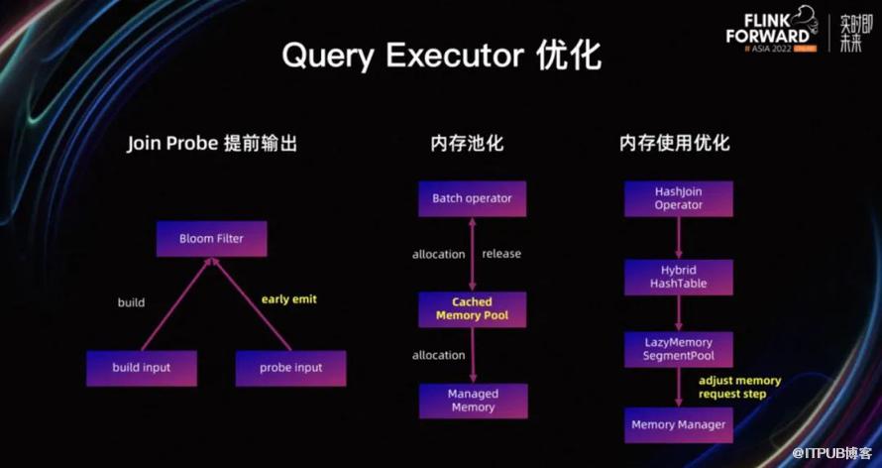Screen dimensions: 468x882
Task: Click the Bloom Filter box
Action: (211, 238)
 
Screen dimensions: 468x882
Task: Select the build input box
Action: (141, 368)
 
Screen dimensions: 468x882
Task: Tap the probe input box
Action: (290, 368)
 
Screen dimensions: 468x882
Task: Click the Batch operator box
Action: (472, 198)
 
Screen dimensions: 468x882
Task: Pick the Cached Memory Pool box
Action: (472, 309)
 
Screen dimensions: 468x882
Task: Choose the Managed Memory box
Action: (473, 401)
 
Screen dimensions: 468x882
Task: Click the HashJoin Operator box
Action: (678, 198)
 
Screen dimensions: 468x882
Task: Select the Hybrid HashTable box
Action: (679, 277)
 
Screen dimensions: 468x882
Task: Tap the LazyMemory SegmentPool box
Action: (679, 348)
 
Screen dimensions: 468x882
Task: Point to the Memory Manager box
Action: (679, 425)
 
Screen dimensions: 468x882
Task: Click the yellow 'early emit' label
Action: (289, 298)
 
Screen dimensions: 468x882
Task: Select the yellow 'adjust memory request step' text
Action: (739, 387)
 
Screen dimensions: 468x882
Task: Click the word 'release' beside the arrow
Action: (501, 254)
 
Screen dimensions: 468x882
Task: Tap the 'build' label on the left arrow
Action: (131, 302)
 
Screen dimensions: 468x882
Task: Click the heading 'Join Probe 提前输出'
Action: (212, 143)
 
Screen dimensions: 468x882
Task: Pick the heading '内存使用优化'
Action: (674, 143)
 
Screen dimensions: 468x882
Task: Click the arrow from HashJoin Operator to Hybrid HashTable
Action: (679, 238)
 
